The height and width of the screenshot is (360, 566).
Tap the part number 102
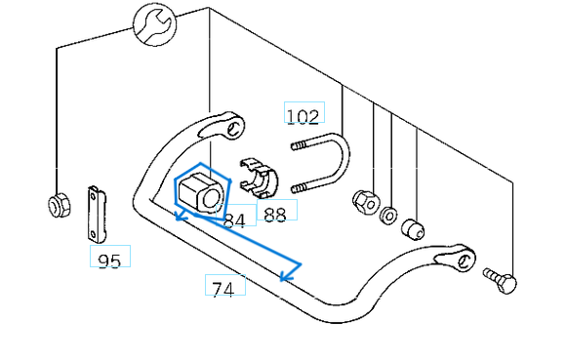tap(303, 116)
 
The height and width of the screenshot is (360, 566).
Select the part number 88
tap(275, 214)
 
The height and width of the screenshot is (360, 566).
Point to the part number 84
tap(234, 220)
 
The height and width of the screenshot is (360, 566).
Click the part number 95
tap(109, 260)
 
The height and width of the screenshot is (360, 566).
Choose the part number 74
tap(223, 289)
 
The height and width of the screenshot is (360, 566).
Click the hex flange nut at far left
tap(57, 206)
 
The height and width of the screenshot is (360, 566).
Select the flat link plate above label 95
tap(95, 214)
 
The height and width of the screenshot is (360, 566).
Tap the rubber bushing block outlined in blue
tap(202, 190)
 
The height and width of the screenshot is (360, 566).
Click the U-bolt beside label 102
tap(327, 166)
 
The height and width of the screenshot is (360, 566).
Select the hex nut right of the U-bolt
tap(365, 201)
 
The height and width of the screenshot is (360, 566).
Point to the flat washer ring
tap(388, 215)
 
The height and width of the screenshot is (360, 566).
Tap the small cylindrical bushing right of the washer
tap(414, 229)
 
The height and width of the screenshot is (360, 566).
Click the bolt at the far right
tap(502, 281)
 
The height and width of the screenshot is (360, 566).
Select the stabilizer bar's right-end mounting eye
tap(465, 260)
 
